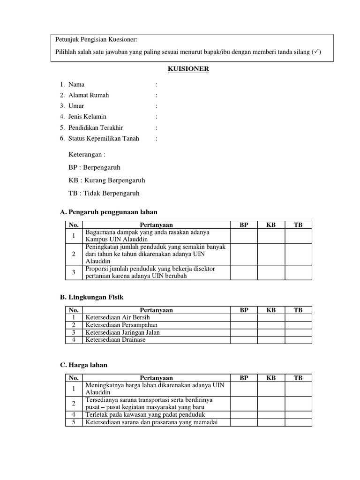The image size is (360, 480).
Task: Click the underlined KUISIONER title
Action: [x=188, y=69]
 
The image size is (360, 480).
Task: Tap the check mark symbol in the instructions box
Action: [x=317, y=52]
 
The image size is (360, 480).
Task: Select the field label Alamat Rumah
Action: [x=89, y=95]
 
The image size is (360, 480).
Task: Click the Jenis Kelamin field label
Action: [x=87, y=117]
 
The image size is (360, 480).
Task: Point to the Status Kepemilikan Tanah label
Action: [x=104, y=138]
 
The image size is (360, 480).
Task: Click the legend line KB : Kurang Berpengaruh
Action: [x=107, y=180]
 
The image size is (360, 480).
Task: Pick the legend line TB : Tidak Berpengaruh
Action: [x=104, y=193]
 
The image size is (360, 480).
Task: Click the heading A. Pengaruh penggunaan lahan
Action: [x=109, y=212]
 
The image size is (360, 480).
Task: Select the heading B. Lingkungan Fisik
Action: [x=92, y=297]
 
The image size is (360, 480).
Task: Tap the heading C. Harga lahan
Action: [x=84, y=365]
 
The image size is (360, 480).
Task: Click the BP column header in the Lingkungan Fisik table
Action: [x=244, y=310]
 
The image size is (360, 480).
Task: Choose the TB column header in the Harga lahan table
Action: [x=298, y=378]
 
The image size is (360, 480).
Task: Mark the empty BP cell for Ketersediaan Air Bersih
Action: [x=244, y=317]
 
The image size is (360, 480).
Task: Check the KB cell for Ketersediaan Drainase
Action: [x=271, y=340]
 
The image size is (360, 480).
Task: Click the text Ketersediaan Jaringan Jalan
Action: [x=122, y=332]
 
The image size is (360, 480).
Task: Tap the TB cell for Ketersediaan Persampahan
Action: [x=298, y=325]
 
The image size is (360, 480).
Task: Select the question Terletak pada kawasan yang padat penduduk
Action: [x=145, y=415]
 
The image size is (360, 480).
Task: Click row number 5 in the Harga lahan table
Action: [x=74, y=422]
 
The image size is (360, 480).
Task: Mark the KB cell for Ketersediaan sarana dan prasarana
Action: [x=271, y=422]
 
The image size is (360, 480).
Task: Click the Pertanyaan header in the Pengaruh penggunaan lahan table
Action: [x=156, y=225]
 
